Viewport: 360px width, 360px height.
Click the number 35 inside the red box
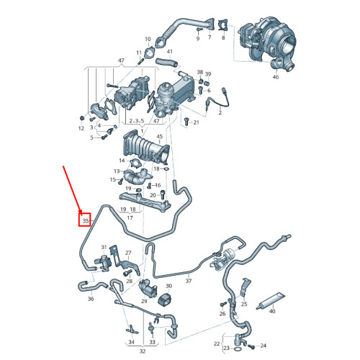tap(85, 220)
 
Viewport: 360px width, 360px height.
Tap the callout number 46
tap(275, 76)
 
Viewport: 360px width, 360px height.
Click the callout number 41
tap(170, 51)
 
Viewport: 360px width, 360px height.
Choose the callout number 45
tap(160, 137)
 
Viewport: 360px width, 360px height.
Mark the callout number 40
tap(271, 311)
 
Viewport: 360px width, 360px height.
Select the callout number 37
tap(188, 282)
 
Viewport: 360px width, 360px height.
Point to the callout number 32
tap(143, 351)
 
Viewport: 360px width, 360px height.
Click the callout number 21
tap(194, 123)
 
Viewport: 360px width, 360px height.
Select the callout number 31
tap(102, 246)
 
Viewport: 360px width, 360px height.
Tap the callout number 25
tap(244, 305)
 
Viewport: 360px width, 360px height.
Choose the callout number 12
tap(81, 127)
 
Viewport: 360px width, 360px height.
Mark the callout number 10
tap(148, 39)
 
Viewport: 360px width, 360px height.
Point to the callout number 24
tap(263, 345)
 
